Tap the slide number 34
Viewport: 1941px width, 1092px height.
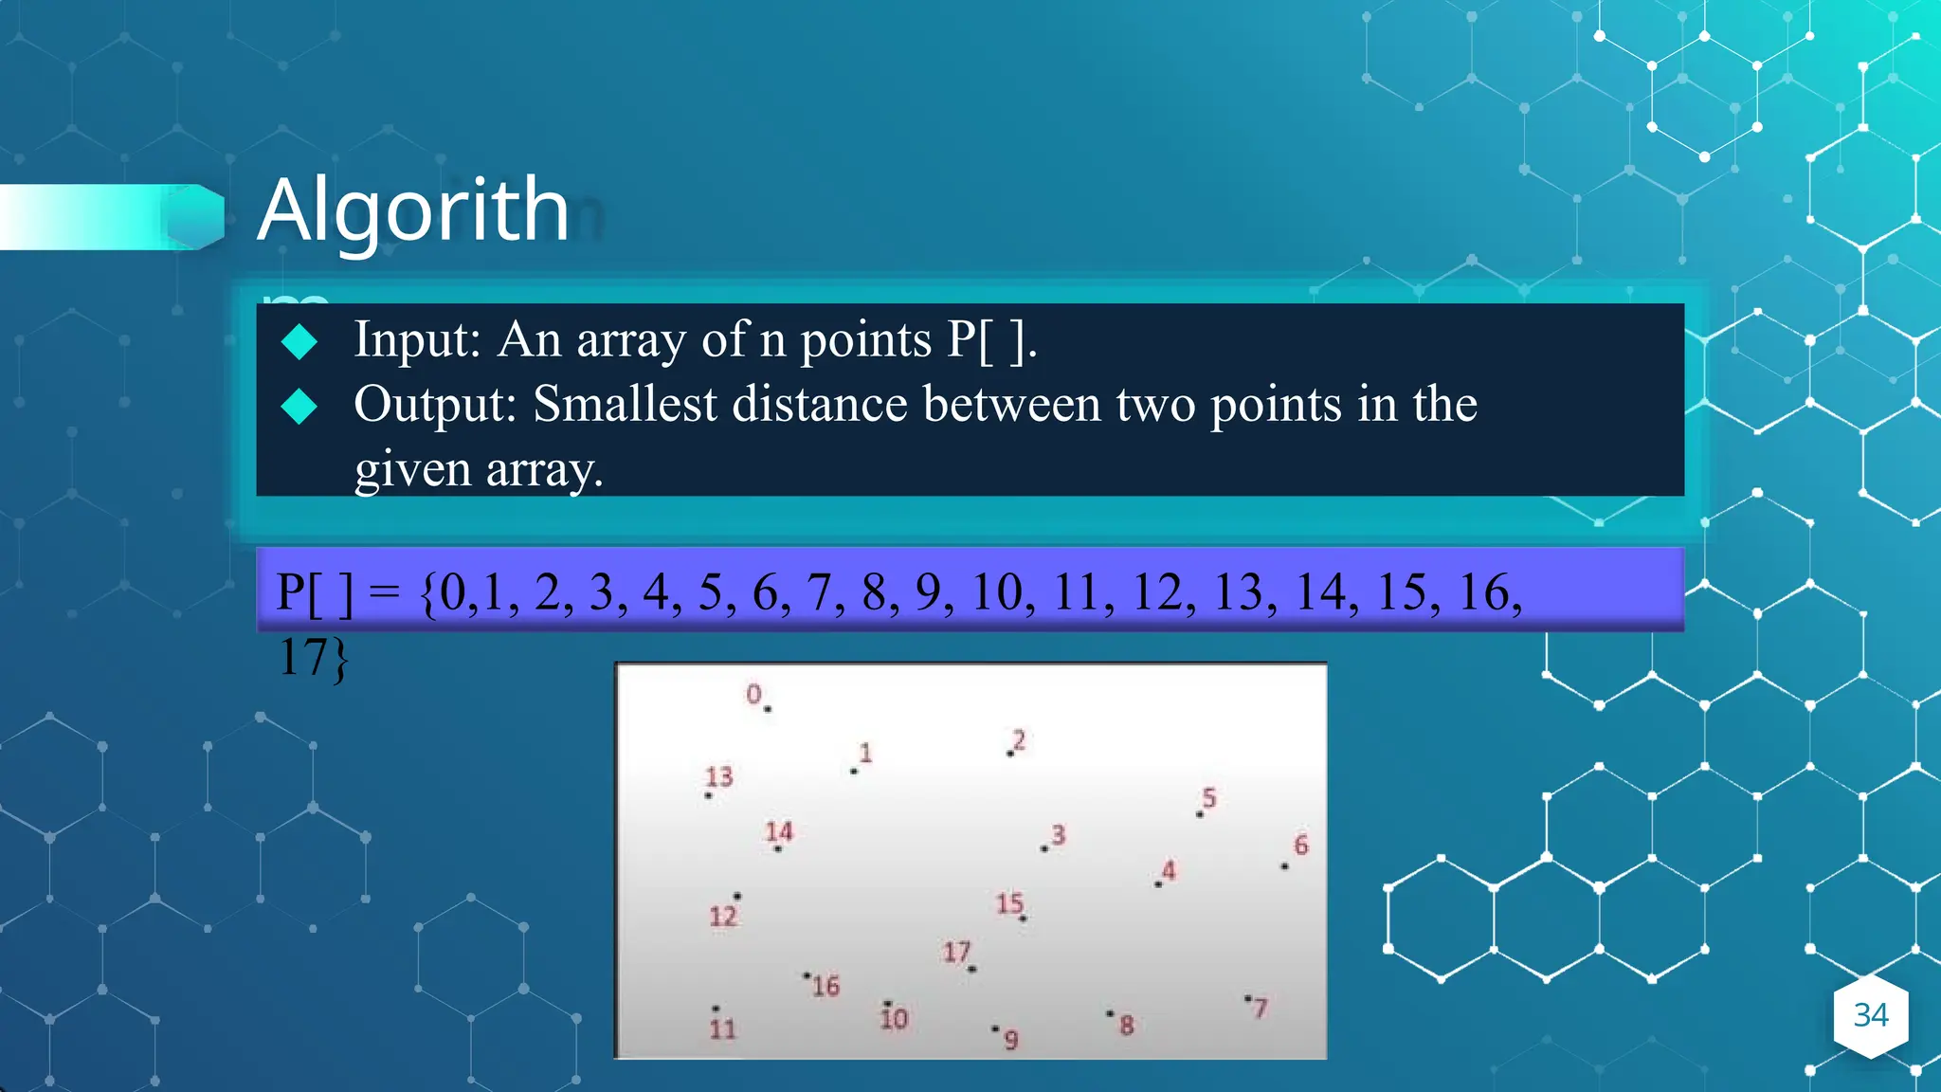click(x=1870, y=1015)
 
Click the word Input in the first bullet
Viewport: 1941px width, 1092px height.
click(x=416, y=339)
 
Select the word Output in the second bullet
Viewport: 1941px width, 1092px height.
click(x=434, y=405)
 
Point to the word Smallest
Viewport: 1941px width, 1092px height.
click(x=625, y=405)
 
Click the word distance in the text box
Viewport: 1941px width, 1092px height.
click(x=820, y=405)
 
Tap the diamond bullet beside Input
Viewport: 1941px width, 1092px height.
click(x=299, y=341)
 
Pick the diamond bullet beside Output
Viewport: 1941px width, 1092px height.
click(x=299, y=407)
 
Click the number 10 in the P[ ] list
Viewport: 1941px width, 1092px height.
click(x=997, y=592)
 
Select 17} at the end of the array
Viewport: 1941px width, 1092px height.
click(x=313, y=657)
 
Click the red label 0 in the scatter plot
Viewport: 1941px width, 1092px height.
click(x=753, y=694)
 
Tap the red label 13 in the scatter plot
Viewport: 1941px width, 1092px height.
click(x=719, y=777)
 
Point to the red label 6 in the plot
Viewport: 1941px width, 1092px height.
click(x=1301, y=845)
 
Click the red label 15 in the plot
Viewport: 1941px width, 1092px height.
click(x=1009, y=902)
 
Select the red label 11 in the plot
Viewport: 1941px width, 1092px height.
click(x=722, y=1028)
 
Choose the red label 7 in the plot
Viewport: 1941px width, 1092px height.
click(x=1260, y=1008)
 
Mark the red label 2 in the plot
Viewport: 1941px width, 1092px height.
click(x=1019, y=739)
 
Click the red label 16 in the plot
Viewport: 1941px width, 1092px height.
click(x=825, y=986)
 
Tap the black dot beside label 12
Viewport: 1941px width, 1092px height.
click(x=737, y=896)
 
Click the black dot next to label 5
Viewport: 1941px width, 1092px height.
click(x=1199, y=814)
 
